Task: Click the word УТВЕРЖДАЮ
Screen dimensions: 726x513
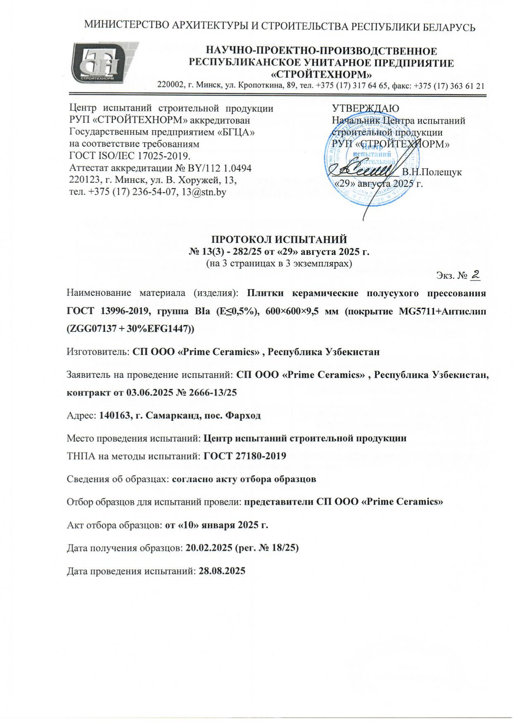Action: point(365,109)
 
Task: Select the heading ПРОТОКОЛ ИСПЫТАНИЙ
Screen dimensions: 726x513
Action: point(279,240)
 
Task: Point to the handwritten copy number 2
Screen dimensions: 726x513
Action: point(476,274)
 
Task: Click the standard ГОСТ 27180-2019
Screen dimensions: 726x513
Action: point(245,456)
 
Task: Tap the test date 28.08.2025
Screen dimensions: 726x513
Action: point(222,571)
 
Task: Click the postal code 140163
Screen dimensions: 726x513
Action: point(113,415)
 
